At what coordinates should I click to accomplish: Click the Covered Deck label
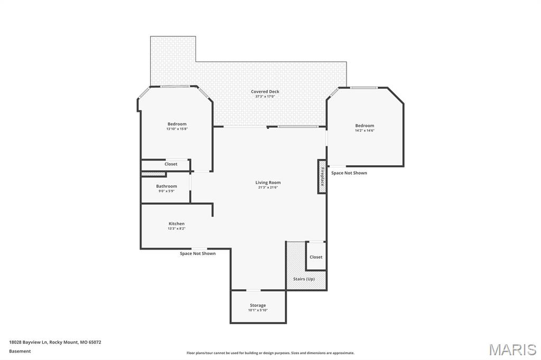(265, 91)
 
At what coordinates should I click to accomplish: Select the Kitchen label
(176, 224)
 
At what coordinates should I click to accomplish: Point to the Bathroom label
(166, 186)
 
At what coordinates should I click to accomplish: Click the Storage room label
(258, 305)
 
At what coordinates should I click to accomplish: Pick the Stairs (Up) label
(304, 279)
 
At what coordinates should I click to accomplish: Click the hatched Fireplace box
(322, 176)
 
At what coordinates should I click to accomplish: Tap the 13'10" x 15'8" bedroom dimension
(177, 129)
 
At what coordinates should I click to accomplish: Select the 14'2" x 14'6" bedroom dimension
(365, 130)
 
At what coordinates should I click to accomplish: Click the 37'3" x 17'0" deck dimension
(265, 97)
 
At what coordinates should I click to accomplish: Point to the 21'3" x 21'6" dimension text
(268, 187)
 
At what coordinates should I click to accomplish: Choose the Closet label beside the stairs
(316, 257)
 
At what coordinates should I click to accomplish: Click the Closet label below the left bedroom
(171, 164)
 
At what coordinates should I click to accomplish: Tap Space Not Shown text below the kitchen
(198, 253)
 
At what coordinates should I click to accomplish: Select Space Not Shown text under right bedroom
(349, 173)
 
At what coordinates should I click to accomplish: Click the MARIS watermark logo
(512, 349)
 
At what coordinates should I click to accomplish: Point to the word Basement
(20, 351)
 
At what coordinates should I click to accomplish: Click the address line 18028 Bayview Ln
(55, 342)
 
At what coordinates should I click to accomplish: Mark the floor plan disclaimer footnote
(270, 353)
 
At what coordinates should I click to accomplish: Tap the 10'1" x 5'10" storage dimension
(258, 310)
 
